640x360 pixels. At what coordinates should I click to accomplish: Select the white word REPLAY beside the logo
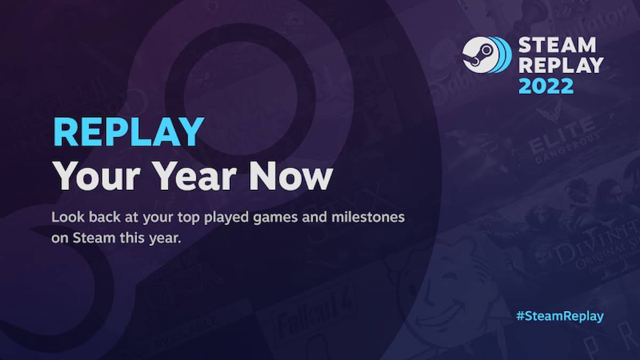(561, 65)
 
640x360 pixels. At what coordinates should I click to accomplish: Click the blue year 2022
(546, 85)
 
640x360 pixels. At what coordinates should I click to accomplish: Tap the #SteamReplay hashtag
(559, 316)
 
